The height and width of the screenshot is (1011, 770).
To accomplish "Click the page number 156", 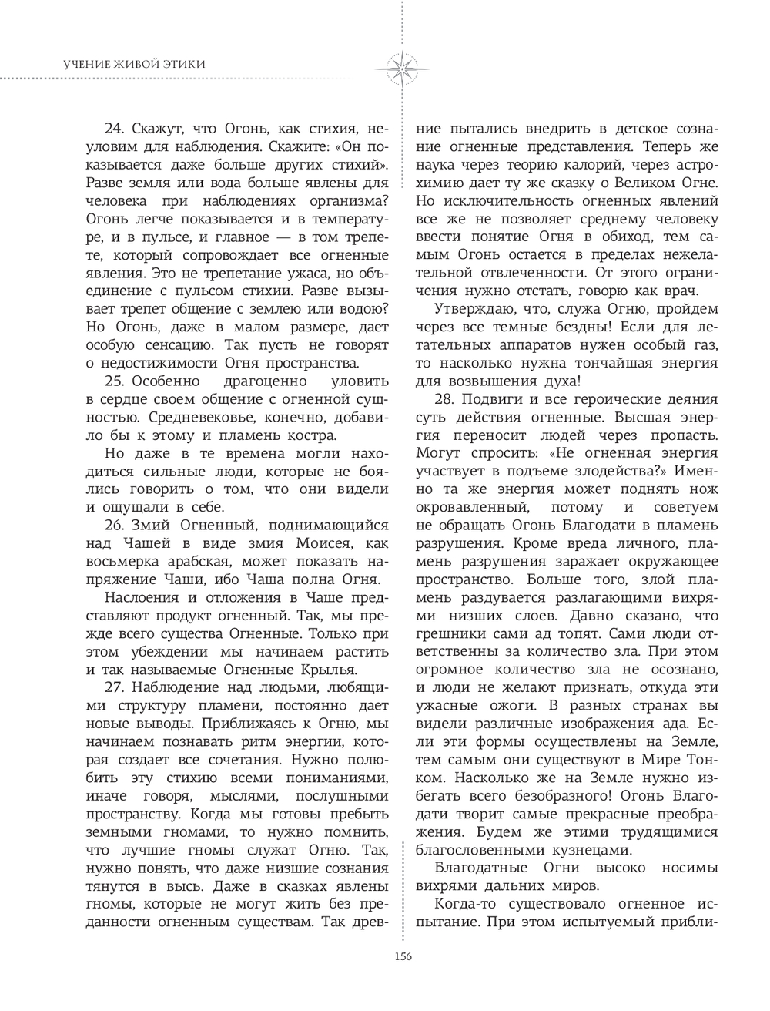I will (403, 956).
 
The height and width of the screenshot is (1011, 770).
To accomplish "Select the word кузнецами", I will (591, 851).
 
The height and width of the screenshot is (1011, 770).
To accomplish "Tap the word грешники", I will (453, 634).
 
